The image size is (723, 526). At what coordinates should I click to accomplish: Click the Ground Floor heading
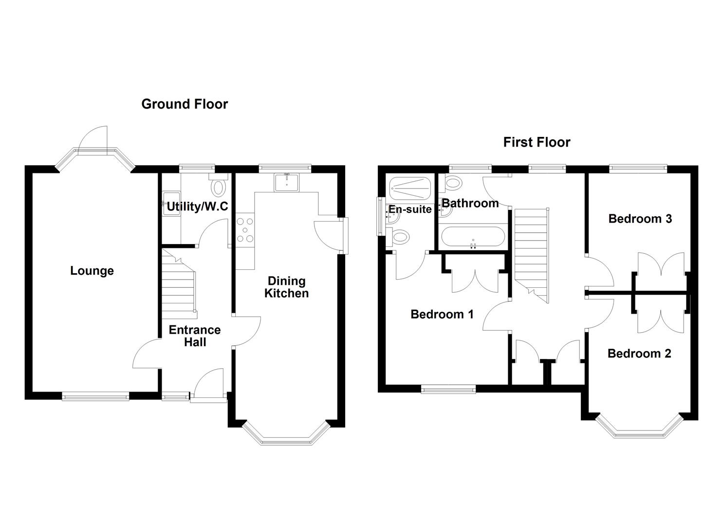pyautogui.click(x=184, y=104)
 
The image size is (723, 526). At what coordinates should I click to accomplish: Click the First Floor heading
pyautogui.click(x=537, y=142)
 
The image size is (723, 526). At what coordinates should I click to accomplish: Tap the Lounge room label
pyautogui.click(x=92, y=271)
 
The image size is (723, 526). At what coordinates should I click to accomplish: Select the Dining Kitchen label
pyautogui.click(x=286, y=287)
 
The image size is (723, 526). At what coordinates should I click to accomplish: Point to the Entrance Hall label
pyautogui.click(x=195, y=336)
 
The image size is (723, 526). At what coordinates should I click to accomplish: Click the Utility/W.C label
pyautogui.click(x=197, y=207)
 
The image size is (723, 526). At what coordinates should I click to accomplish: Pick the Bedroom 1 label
pyautogui.click(x=442, y=314)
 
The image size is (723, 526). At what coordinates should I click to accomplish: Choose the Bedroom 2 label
pyautogui.click(x=639, y=354)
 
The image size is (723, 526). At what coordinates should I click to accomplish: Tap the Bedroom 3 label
pyautogui.click(x=640, y=219)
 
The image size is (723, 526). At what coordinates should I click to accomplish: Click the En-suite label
pyautogui.click(x=410, y=209)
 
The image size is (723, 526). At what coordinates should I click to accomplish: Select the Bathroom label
pyautogui.click(x=470, y=203)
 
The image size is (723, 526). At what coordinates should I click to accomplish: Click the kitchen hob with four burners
pyautogui.click(x=244, y=230)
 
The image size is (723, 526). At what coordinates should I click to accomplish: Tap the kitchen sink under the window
pyautogui.click(x=287, y=183)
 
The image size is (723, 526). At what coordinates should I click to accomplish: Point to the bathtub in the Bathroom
pyautogui.click(x=472, y=238)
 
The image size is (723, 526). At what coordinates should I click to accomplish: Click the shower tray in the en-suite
pyautogui.click(x=410, y=188)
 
